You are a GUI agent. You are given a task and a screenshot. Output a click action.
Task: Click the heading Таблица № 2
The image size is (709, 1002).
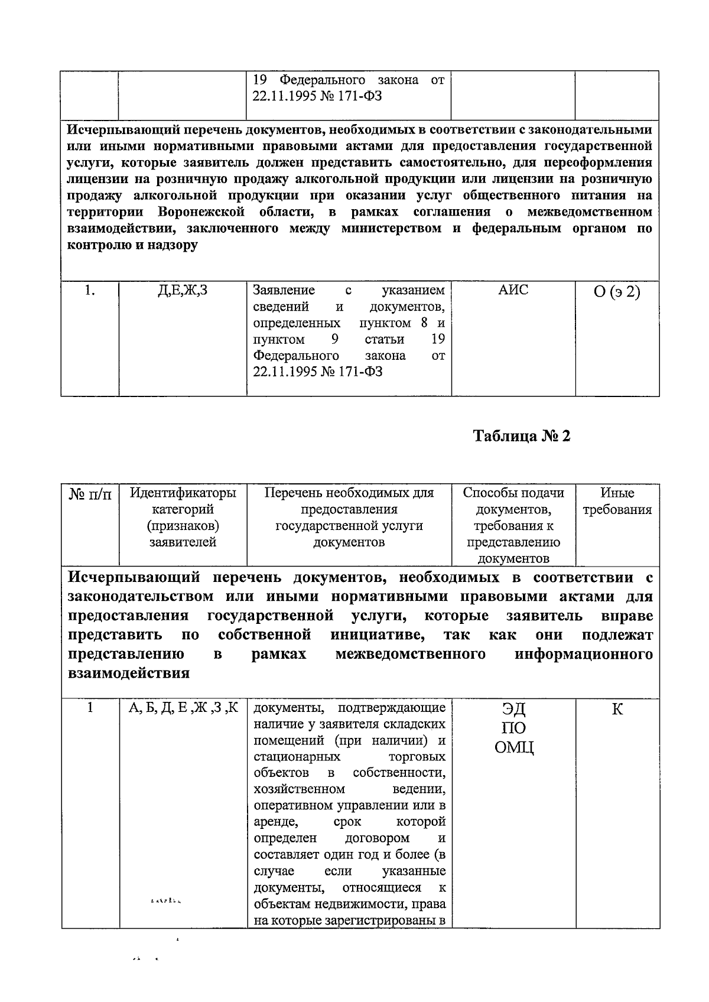tap(522, 436)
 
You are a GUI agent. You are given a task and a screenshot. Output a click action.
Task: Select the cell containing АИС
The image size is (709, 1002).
tap(513, 290)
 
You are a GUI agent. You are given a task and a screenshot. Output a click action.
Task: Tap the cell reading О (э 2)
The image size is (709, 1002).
tap(617, 291)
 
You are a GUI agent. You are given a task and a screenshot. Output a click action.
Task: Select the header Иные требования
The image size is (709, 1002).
tap(617, 502)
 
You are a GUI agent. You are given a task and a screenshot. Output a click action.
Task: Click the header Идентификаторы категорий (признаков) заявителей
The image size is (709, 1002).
tap(183, 517)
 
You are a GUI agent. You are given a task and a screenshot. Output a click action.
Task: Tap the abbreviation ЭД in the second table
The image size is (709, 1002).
tap(513, 708)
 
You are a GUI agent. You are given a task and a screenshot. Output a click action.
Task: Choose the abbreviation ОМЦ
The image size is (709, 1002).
tap(514, 748)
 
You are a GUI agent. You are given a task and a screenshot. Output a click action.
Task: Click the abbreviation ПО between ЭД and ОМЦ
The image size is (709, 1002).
tap(513, 728)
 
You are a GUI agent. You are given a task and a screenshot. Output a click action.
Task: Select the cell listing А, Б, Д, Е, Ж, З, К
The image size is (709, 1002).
tap(183, 708)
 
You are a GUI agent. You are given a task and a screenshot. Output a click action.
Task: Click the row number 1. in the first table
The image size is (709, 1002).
tap(90, 290)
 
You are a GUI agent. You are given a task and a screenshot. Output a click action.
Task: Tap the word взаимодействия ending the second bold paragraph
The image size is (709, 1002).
tap(129, 673)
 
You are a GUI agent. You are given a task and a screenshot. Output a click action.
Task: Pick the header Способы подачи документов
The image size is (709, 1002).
tap(513, 500)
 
